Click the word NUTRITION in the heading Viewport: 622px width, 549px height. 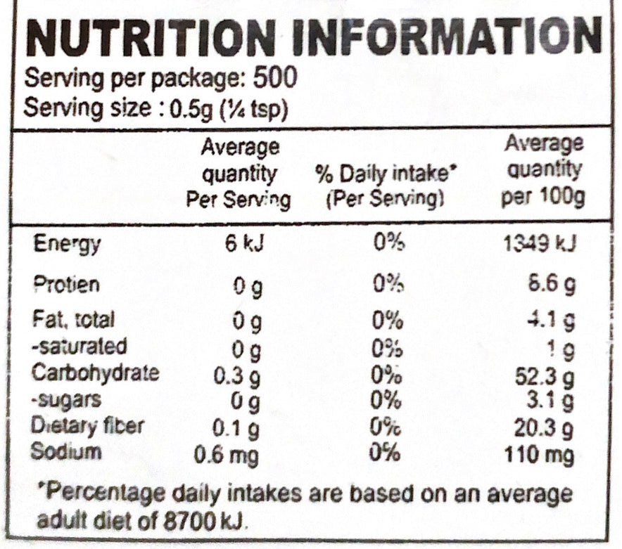pos(146,37)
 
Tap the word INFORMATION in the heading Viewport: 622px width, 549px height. pos(446,37)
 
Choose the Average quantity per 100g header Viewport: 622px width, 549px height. pos(543,171)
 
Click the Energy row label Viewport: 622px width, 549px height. pos(67,245)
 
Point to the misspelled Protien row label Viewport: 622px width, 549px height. pos(67,285)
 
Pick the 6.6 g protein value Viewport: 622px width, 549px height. pos(553,285)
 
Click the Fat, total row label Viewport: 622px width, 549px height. pos(74,321)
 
